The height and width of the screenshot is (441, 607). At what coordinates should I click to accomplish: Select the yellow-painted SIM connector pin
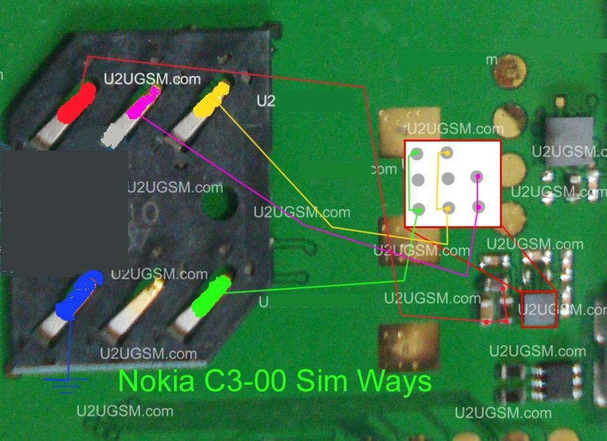pyautogui.click(x=211, y=99)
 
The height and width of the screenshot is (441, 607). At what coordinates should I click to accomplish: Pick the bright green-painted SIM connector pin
pyautogui.click(x=211, y=295)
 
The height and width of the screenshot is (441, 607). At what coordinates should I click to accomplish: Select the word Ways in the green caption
pyautogui.click(x=394, y=381)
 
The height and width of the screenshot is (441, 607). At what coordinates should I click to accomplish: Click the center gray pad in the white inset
pyautogui.click(x=448, y=178)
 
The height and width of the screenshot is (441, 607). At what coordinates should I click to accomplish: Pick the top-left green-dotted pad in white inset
pyautogui.click(x=416, y=153)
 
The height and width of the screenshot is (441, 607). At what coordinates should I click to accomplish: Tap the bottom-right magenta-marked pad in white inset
pyautogui.click(x=479, y=206)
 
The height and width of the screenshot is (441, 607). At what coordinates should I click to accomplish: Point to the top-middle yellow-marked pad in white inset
pyautogui.click(x=447, y=152)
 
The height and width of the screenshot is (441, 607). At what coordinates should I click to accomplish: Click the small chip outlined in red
pyautogui.click(x=539, y=310)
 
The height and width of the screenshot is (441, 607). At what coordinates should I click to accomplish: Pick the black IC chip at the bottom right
pyautogui.click(x=556, y=380)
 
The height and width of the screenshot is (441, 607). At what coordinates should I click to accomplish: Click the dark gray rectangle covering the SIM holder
pyautogui.click(x=64, y=210)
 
